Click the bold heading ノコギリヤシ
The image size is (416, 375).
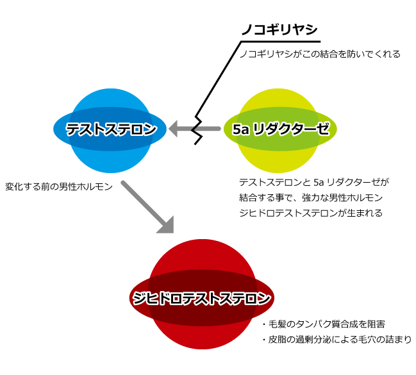pyautogui.click(x=279, y=29)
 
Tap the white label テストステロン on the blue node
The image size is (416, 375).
pyautogui.click(x=111, y=129)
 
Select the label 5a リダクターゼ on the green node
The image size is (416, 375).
pyautogui.click(x=281, y=129)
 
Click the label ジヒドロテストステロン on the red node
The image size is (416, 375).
pyautogui.click(x=201, y=298)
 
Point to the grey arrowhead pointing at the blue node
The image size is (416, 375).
pyautogui.click(x=173, y=129)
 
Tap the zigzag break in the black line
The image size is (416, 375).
pyautogui.click(x=198, y=130)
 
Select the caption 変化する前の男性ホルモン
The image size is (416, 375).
pyautogui.click(x=59, y=187)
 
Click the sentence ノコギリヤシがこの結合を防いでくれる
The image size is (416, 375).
pyautogui.click(x=320, y=54)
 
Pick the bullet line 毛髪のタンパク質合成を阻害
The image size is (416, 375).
pyautogui.click(x=324, y=324)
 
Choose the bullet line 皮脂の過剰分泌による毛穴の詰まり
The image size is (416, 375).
pyautogui.click(x=337, y=340)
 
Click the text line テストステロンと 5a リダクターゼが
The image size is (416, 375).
pyautogui.click(x=314, y=182)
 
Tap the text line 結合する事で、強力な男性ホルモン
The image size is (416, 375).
pyautogui.click(x=311, y=197)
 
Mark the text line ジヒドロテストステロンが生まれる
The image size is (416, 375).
pyautogui.click(x=311, y=213)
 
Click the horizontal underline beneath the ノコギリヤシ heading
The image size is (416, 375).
pyautogui.click(x=281, y=42)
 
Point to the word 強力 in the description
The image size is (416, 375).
pyautogui.click(x=311, y=197)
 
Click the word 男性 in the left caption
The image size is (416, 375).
pyautogui.click(x=68, y=187)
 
